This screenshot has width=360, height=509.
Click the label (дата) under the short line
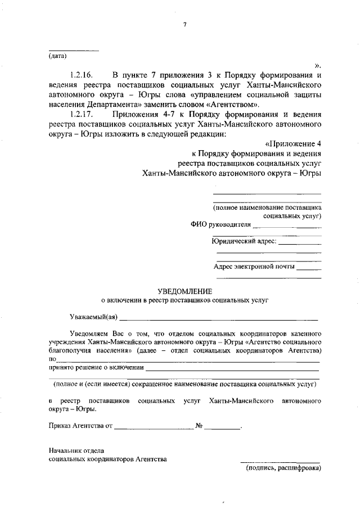pyautogui.click(x=56, y=56)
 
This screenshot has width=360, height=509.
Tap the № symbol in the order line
pyautogui.click(x=199, y=426)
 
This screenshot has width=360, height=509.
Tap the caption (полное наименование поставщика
pyautogui.click(x=267, y=207)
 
